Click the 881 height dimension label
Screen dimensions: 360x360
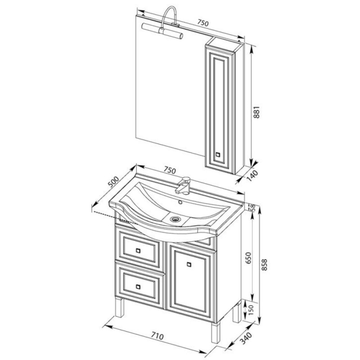point(256,112)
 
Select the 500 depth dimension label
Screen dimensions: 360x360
point(114,182)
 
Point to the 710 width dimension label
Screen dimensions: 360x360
point(157,336)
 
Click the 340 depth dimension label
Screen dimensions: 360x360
point(246,339)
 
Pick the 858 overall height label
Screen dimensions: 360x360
point(265,265)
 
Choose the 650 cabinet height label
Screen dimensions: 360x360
point(249,258)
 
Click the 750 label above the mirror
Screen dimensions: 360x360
point(203,23)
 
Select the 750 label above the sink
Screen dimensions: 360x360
point(170,170)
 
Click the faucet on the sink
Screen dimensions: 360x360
point(183,184)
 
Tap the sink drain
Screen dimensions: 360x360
point(175,219)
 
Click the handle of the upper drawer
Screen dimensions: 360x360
point(138,251)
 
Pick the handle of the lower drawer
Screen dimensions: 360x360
point(138,287)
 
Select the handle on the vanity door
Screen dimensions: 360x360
point(189,265)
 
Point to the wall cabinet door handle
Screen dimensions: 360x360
point(218,154)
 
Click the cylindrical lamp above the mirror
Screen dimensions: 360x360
point(162,30)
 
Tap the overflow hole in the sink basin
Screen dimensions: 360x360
point(180,202)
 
